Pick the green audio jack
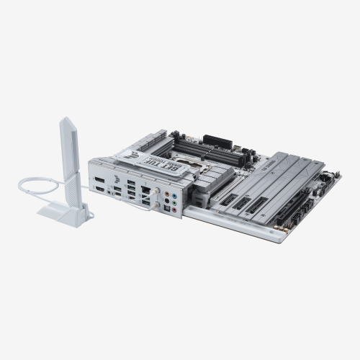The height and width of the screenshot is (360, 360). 176,196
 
